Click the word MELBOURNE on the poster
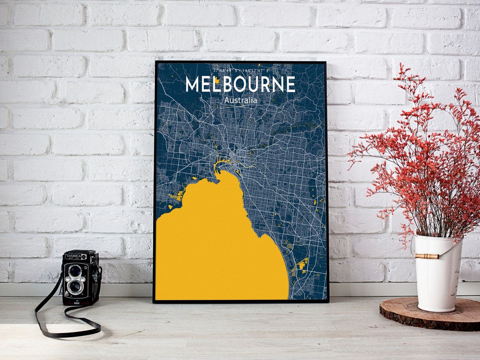coord(240,84)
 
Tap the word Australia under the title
coord(240,101)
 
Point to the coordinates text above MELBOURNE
coord(240,70)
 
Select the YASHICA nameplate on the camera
coord(74,256)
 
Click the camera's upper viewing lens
coord(75,271)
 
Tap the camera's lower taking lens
coord(75,287)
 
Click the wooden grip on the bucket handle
coord(426,256)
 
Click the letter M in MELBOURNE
coord(192,85)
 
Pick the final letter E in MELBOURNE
coord(290,85)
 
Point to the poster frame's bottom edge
coord(240,301)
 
